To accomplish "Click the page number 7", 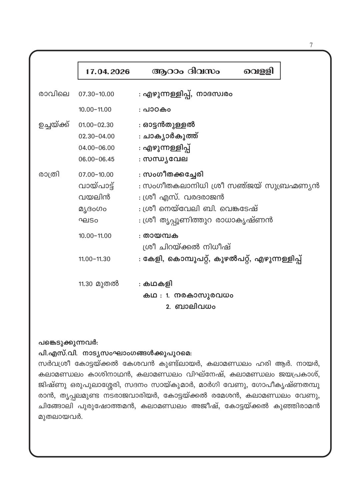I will click(311, 45).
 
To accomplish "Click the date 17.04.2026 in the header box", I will click(108, 71).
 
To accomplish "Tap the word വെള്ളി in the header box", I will click(259, 71).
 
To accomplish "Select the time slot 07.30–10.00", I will click(96, 94).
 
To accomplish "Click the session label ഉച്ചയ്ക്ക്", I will click(54, 125).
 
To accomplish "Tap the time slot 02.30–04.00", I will click(97, 136).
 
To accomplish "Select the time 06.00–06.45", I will click(97, 159).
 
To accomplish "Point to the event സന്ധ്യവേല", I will click(165, 159).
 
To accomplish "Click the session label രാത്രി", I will click(49, 174).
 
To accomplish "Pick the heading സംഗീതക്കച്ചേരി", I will click(173, 174).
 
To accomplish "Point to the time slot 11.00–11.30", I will click(95, 259).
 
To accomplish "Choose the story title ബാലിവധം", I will click(195, 307).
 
